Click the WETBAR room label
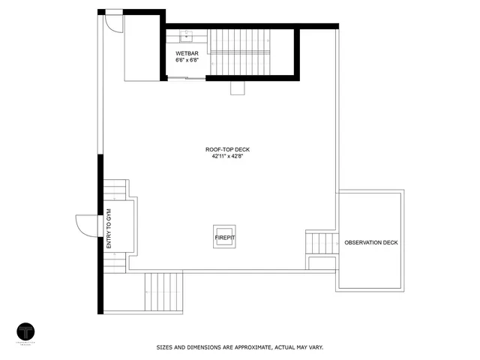[187, 54]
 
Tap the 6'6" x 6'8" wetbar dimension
[187, 60]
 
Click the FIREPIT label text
[225, 238]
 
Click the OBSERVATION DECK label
[371, 243]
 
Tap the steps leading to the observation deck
[322, 243]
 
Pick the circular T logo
[27, 331]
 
